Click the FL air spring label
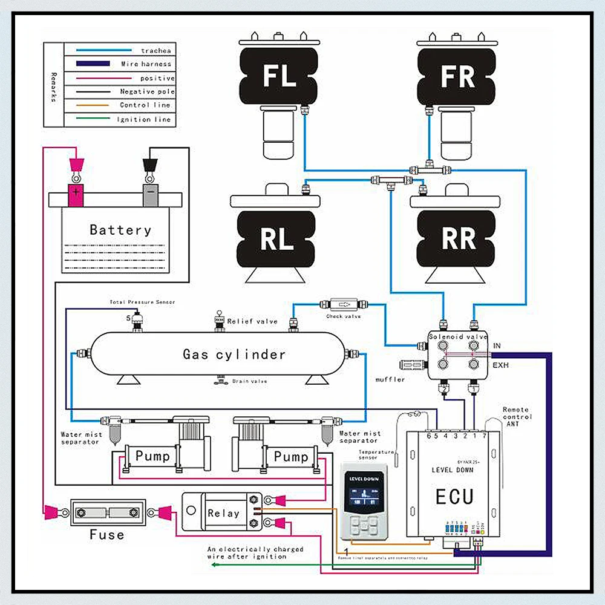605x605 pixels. [279, 77]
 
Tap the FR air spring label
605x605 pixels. [457, 77]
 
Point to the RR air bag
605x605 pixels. [459, 239]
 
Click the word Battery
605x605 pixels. [120, 230]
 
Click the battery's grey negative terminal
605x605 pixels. [149, 195]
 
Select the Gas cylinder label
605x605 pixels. [234, 355]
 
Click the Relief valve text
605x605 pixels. [252, 321]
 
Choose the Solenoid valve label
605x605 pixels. [458, 337]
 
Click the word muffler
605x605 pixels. [390, 379]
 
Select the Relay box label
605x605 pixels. [223, 513]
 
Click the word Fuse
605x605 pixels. [107, 535]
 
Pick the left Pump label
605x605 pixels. [152, 456]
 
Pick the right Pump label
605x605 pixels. [291, 456]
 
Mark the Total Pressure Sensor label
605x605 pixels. [142, 302]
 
